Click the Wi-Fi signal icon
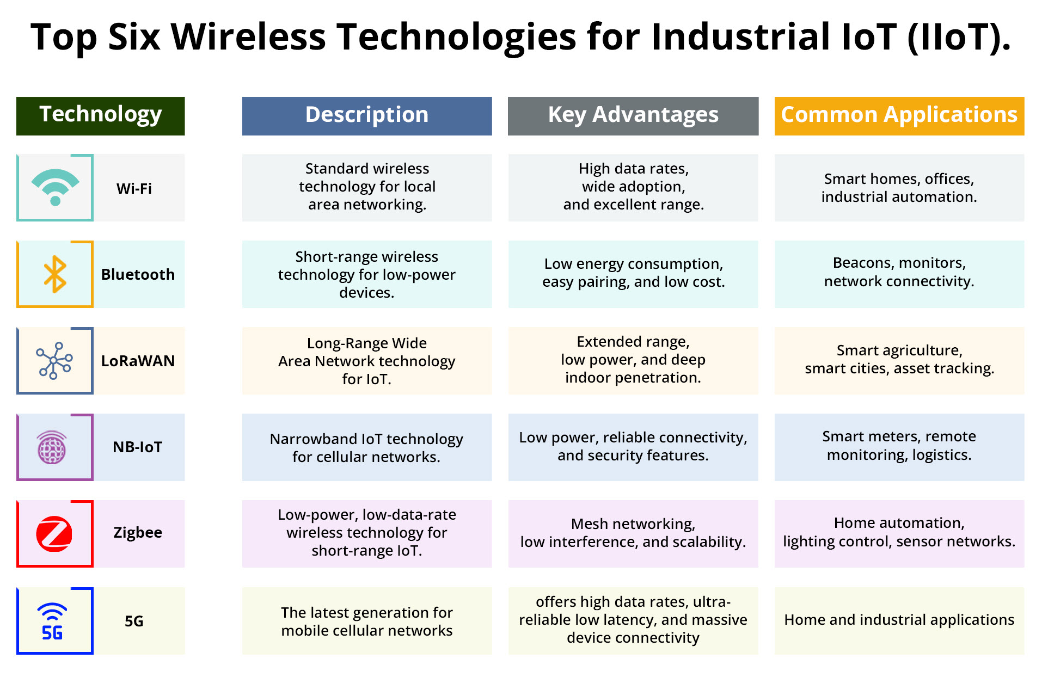pos(55,187)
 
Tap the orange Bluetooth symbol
pos(55,274)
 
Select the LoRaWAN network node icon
pos(54,360)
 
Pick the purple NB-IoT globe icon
pos(52,447)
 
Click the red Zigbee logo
pos(54,533)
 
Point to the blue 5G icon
pos(53,621)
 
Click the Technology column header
pos(101,115)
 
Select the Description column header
pos(367,115)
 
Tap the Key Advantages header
pos(633,115)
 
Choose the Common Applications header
pos(899,115)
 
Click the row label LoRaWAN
pos(138,361)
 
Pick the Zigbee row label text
pos(138,532)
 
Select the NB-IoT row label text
pos(138,447)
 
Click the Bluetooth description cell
pos(367,274)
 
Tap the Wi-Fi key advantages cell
pos(633,187)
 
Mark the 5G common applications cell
pos(899,620)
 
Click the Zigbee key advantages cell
pos(633,533)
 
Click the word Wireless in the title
pos(248,37)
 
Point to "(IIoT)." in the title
pos(959,37)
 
